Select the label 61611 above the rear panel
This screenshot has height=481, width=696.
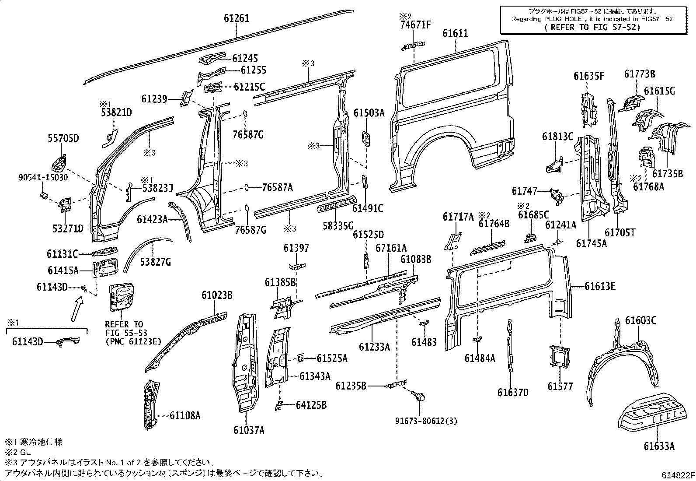coord(455,33)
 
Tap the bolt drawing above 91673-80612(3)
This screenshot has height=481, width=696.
coord(418,396)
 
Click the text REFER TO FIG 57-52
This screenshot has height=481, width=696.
coord(593,28)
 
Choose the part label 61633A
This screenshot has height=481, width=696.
coord(659,446)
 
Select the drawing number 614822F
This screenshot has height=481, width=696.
coord(677,475)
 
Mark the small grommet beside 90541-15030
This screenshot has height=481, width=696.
coord(44,194)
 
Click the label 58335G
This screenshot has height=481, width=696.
coord(338,226)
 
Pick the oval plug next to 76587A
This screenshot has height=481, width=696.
coord(247,187)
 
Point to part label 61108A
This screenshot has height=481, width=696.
coord(185,415)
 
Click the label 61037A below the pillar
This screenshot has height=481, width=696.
coord(249,430)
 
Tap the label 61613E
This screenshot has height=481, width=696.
coord(600,286)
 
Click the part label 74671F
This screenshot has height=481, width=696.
coord(415,25)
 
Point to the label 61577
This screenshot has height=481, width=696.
coord(560,386)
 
